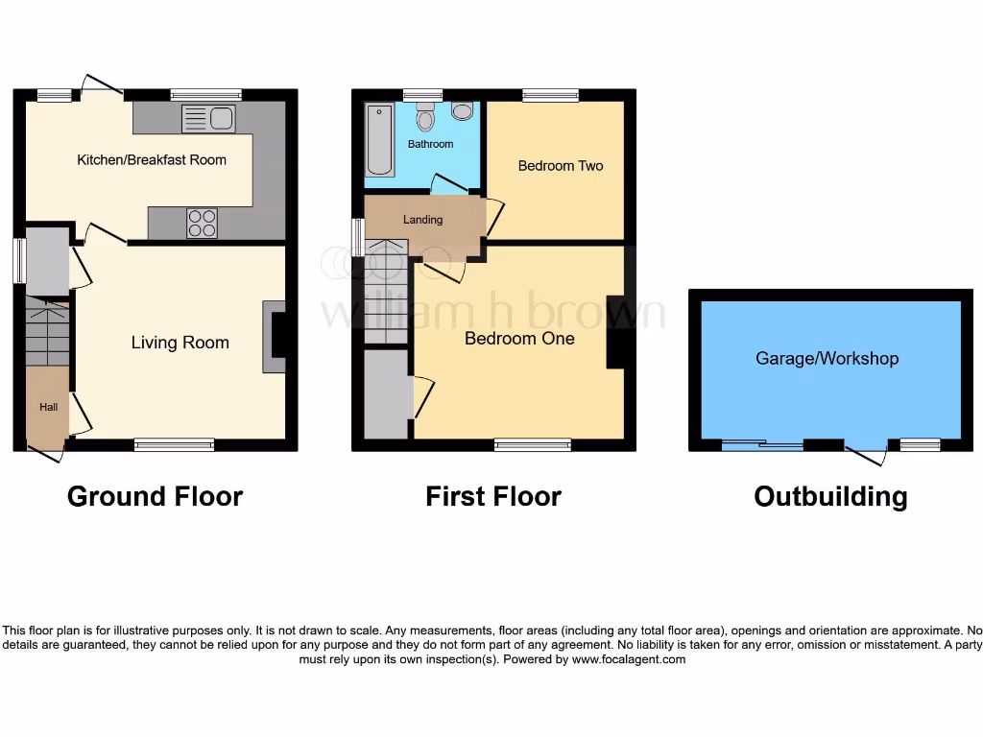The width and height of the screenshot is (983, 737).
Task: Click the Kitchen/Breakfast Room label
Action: tap(152, 159)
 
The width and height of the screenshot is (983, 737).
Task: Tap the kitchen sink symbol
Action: tap(208, 119)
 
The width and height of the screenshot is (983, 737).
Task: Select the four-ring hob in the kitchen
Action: tap(202, 223)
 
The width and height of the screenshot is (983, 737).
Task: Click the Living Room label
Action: tap(180, 343)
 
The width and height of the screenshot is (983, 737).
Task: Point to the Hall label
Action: tap(48, 407)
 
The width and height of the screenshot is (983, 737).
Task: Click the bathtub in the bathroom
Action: tap(379, 140)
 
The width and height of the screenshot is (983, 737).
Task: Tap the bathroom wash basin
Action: tap(462, 112)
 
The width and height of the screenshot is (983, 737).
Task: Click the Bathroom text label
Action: tap(430, 144)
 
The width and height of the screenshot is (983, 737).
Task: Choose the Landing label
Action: tap(422, 220)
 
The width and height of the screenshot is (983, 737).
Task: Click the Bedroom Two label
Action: tap(561, 166)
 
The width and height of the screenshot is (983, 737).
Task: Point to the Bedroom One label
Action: tap(519, 339)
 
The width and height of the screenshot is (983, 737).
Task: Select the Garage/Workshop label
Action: tap(827, 359)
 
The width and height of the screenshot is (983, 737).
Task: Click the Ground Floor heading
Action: tap(155, 496)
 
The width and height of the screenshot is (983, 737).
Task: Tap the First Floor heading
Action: tap(493, 496)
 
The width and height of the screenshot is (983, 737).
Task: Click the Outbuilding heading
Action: tap(830, 496)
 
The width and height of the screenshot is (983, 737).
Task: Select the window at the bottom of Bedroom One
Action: tap(533, 444)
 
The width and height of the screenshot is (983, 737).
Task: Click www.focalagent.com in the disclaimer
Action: tap(629, 659)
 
